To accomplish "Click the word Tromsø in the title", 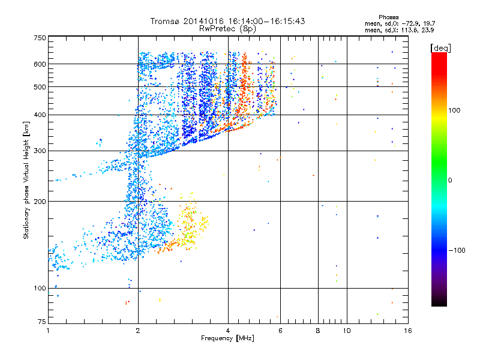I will point(166,21).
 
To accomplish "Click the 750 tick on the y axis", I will point(40,37).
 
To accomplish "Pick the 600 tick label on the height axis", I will point(40,64).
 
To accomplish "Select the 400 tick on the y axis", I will point(40,115).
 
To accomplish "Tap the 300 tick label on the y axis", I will point(40,151).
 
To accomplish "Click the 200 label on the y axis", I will point(40,201).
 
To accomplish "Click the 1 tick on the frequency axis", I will point(48,330).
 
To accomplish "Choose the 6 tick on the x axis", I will point(280,330).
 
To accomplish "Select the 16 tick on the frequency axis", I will point(407,330).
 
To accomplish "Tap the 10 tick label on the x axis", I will point(346,330).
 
